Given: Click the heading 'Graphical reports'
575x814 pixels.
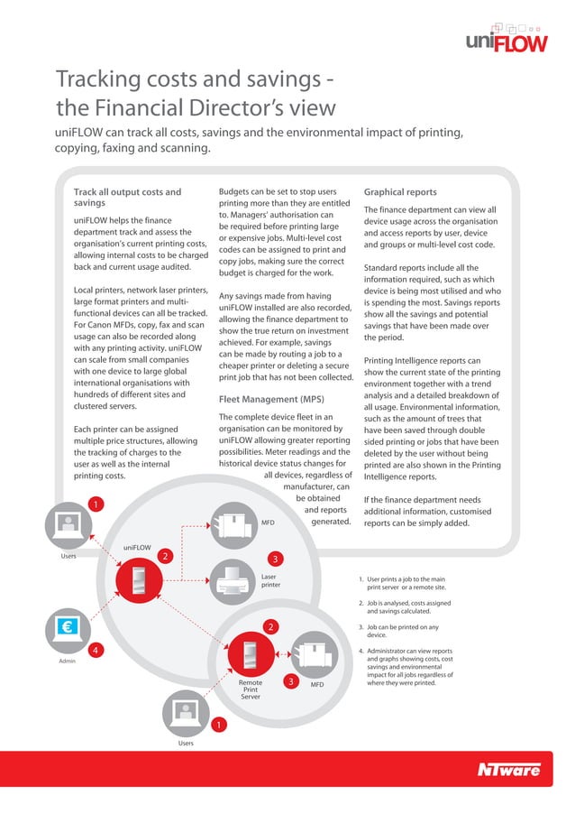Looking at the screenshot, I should point(399,192).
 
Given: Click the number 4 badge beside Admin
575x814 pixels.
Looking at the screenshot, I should point(94,650).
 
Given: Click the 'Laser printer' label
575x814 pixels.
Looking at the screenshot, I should point(271,580).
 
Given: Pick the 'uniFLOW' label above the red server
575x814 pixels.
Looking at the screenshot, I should point(138,546).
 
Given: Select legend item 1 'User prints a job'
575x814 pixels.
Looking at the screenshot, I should point(406,582).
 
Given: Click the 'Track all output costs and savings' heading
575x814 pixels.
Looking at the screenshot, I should point(127,198).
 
